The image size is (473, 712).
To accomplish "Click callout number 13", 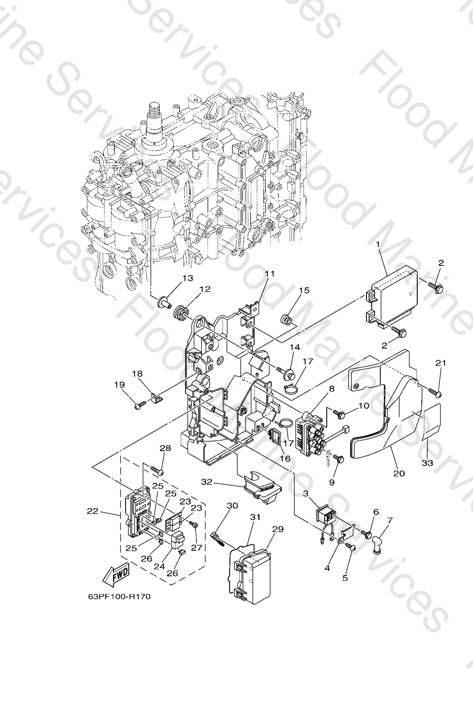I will tap(188, 278).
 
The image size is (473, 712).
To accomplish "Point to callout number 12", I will tap(205, 289).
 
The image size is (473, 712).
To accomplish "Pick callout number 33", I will tap(427, 463).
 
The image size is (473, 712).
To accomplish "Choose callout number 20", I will tap(399, 473).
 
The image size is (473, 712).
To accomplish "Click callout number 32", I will tap(207, 482).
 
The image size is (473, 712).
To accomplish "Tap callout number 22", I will tap(93, 511).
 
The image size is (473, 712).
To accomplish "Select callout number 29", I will tap(278, 529).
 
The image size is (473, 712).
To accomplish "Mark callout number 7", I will tap(390, 520).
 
